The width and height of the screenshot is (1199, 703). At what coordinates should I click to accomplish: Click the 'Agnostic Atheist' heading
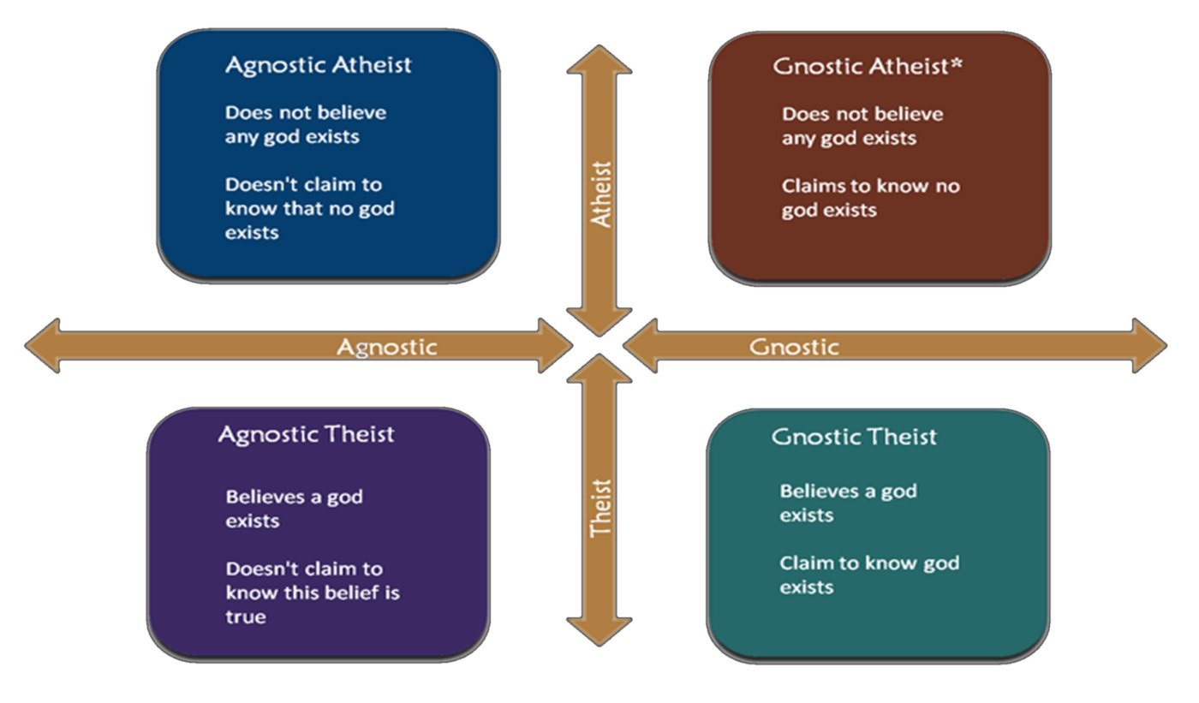tap(318, 66)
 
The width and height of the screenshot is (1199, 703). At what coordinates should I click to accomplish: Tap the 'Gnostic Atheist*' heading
tap(867, 66)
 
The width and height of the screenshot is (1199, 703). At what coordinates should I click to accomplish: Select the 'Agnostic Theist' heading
tap(307, 435)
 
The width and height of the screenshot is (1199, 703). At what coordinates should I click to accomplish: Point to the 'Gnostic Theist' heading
tap(854, 437)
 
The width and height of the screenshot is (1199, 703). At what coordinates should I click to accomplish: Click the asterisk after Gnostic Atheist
tap(957, 63)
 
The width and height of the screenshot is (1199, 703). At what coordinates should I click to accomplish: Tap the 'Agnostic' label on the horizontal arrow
tap(386, 348)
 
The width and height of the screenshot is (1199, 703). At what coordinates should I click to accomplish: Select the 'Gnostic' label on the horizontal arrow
tap(794, 348)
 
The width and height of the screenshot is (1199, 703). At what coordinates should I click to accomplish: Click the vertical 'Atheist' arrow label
tap(600, 194)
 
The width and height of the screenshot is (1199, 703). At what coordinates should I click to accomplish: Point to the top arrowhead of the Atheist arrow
tap(599, 59)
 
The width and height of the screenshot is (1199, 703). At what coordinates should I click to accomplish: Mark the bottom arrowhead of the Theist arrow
tap(599, 632)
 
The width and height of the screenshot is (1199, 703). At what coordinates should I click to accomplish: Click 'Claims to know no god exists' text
tap(871, 199)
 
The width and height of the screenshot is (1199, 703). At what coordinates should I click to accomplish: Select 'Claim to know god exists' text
tap(869, 575)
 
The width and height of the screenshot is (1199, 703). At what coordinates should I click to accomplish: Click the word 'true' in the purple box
tap(246, 617)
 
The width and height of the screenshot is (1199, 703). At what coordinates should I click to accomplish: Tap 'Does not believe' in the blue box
tap(306, 113)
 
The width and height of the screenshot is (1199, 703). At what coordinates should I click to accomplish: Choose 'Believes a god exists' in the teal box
tap(849, 503)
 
